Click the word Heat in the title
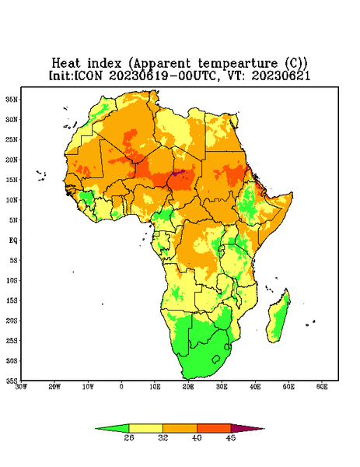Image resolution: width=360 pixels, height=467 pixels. [66, 64]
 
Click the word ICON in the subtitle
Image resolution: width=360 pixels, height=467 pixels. [88, 75]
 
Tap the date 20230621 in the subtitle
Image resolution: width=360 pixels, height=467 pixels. [281, 75]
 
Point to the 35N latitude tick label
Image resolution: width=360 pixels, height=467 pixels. [12, 99]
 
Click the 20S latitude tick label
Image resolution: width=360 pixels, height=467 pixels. [12, 321]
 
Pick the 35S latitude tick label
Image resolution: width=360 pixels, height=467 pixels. [12, 381]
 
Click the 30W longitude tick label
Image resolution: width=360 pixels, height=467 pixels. [21, 387]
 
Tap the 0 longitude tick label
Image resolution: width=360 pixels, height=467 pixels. [121, 387]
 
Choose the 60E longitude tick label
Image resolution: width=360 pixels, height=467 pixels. [322, 387]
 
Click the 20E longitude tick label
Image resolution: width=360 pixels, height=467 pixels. [188, 387]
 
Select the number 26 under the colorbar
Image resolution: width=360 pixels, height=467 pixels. [129, 437]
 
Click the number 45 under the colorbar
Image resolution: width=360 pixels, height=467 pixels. [231, 437]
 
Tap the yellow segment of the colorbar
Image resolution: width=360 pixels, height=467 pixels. [145, 428]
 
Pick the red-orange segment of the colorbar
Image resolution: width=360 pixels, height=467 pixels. [214, 428]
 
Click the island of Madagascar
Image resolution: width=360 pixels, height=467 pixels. [278, 318]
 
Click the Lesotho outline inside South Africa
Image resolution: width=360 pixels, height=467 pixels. [216, 359]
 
